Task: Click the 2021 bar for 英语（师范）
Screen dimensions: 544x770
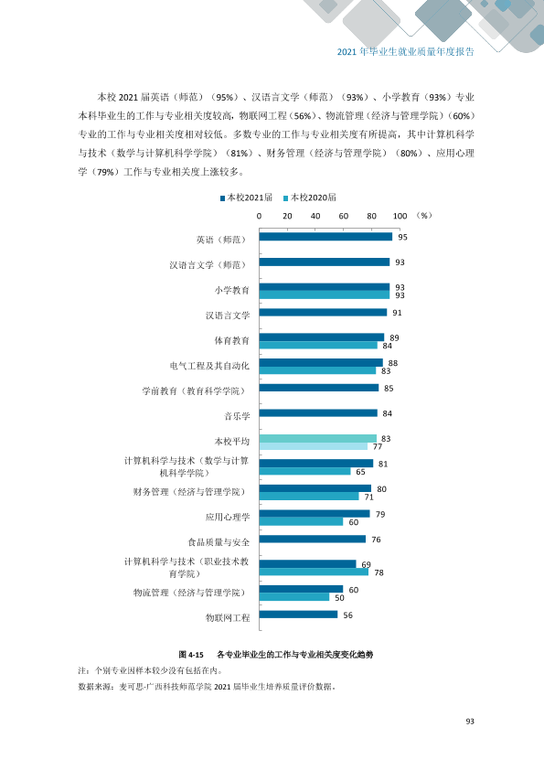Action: click(x=325, y=237)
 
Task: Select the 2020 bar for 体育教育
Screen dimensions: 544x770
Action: click(x=318, y=346)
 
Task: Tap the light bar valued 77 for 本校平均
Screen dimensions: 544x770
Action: click(x=314, y=446)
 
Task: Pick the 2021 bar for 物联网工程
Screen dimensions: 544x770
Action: click(x=298, y=615)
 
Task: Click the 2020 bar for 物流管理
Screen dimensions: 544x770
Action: click(x=294, y=597)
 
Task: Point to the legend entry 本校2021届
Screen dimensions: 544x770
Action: click(x=247, y=198)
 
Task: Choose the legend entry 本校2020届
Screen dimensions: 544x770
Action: click(x=310, y=198)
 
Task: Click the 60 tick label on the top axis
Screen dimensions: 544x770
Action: click(x=344, y=216)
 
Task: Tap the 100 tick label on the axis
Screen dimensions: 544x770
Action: click(x=400, y=216)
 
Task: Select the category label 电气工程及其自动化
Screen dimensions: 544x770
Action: click(x=209, y=366)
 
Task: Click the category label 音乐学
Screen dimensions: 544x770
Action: click(x=237, y=416)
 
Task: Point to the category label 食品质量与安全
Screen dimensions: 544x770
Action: click(x=219, y=542)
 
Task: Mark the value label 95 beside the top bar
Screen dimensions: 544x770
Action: click(x=402, y=237)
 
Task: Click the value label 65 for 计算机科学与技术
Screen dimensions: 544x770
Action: click(x=361, y=472)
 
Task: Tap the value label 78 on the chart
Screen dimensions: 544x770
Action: click(x=379, y=572)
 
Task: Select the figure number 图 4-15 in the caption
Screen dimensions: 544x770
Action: click(x=191, y=655)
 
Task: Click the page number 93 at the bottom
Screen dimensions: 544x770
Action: click(x=470, y=722)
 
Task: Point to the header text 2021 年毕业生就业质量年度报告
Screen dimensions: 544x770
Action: click(x=406, y=51)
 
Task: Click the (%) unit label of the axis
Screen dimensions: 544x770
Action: click(x=424, y=216)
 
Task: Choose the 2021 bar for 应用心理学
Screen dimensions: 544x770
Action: click(x=315, y=514)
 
